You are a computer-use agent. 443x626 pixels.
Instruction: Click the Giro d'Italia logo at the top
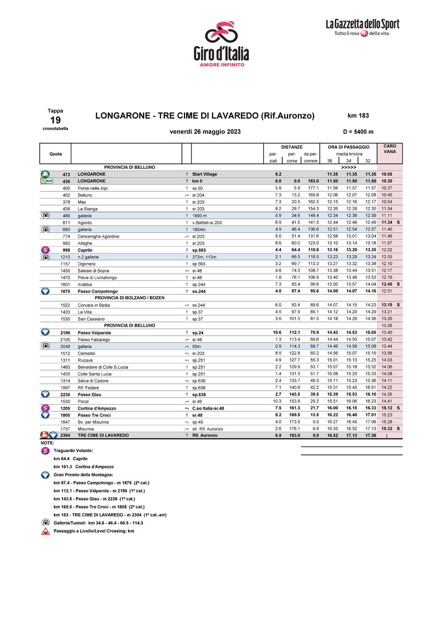(x=220, y=43)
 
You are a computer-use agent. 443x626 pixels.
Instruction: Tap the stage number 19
(x=55, y=119)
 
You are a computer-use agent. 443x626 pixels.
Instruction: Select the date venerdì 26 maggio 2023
(x=205, y=131)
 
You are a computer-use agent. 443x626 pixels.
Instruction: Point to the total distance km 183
(x=358, y=115)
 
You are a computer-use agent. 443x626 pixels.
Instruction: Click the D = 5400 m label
(x=358, y=131)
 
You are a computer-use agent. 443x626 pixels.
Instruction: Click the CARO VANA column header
(x=389, y=149)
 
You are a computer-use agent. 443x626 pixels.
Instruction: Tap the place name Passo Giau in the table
(x=89, y=394)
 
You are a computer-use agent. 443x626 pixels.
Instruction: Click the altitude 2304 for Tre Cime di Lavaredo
(x=66, y=435)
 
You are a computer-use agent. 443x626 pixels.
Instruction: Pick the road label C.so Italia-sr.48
(x=208, y=408)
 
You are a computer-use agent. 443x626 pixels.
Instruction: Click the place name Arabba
(x=85, y=284)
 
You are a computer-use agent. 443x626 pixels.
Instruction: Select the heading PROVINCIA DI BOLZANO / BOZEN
(x=126, y=298)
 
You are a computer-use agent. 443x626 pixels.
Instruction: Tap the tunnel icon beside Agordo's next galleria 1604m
(x=45, y=229)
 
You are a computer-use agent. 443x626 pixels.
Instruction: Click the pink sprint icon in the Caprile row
(x=45, y=250)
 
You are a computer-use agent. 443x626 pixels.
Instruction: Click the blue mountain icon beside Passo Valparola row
(x=45, y=332)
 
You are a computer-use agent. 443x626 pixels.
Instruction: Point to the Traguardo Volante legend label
(x=73, y=450)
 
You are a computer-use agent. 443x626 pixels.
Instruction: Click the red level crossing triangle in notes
(x=45, y=531)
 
